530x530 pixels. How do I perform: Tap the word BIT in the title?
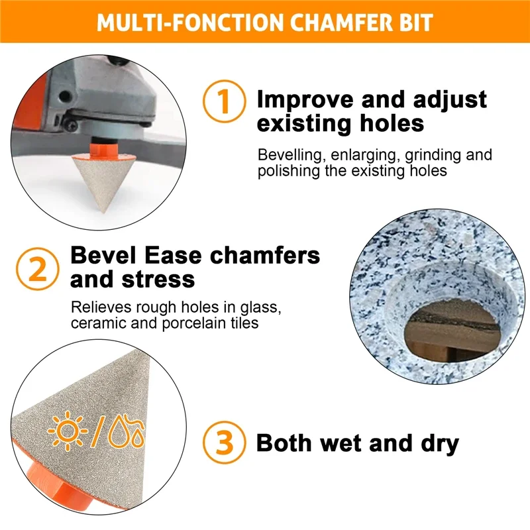pos(416,23)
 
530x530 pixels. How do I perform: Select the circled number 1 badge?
pos(224,101)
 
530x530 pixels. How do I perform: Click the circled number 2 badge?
pos(38,269)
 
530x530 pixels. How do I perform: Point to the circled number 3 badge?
pos(224,442)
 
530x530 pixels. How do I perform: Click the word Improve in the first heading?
pos(305,101)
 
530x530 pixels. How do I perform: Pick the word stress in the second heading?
pos(158,280)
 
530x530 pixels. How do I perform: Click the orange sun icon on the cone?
pos(68,431)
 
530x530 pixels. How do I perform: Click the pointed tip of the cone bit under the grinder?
pos(103,213)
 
